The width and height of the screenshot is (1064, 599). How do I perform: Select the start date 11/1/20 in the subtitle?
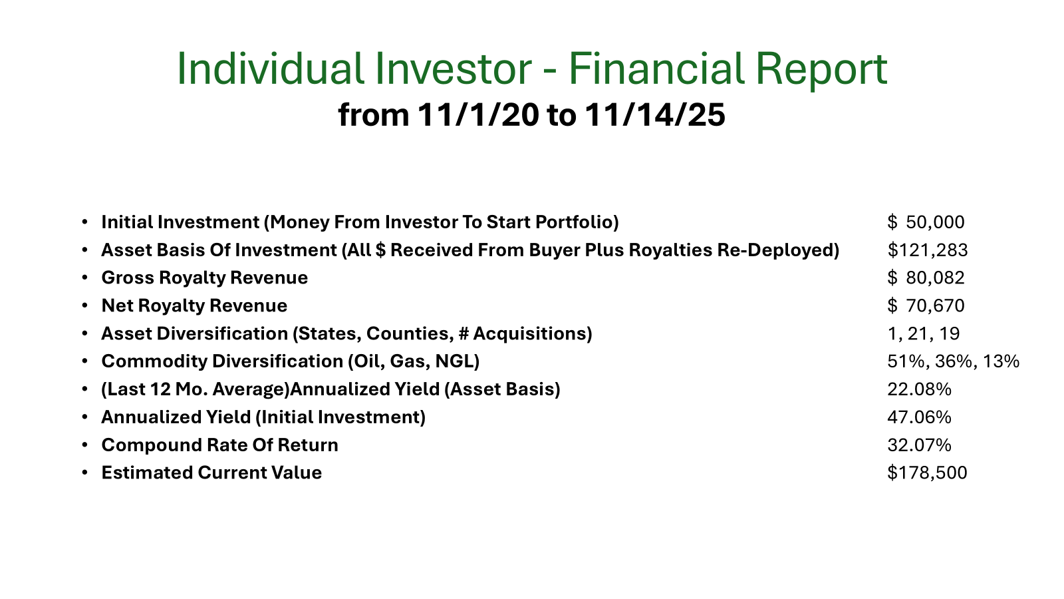[478, 115]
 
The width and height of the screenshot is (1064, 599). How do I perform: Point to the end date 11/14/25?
[655, 115]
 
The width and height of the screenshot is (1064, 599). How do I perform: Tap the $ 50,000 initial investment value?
[926, 222]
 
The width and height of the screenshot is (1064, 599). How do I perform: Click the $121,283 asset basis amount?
[927, 250]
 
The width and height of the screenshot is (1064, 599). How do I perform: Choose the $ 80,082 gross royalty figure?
[926, 278]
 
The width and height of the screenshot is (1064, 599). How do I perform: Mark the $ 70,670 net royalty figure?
[926, 305]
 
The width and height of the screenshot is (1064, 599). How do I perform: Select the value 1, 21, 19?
[924, 333]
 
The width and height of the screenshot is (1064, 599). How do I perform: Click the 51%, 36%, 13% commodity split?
[954, 361]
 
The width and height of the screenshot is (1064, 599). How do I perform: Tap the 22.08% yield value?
[919, 389]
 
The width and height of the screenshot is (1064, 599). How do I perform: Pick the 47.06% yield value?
[919, 417]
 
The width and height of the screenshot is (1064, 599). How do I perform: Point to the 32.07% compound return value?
[919, 445]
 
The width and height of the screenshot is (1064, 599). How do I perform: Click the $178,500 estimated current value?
[927, 473]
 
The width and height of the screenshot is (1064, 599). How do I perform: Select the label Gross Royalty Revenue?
[205, 278]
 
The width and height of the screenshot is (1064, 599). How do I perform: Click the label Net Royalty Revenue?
[194, 305]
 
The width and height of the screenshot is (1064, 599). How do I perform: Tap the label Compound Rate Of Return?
[220, 445]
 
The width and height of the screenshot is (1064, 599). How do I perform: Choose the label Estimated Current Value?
[211, 473]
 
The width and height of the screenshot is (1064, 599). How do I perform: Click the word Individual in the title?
[271, 69]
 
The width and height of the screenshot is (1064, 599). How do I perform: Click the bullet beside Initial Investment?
[84, 222]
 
